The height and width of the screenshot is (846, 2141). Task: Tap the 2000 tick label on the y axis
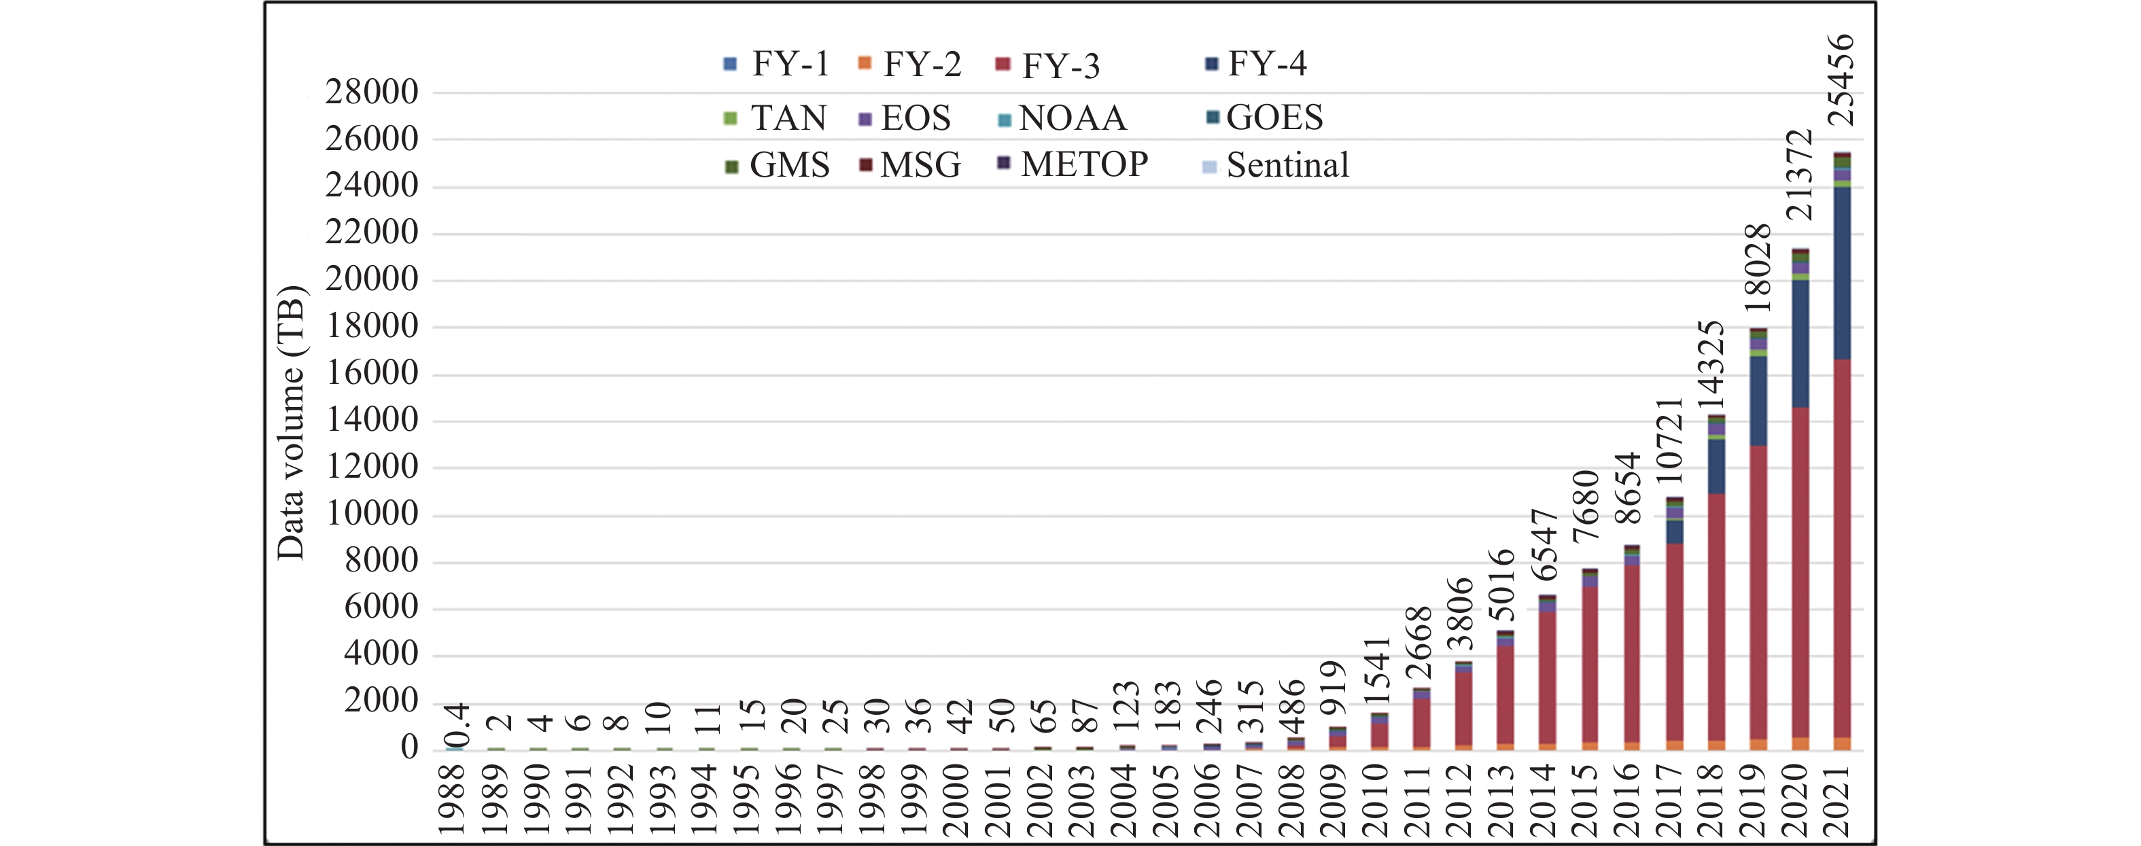(381, 701)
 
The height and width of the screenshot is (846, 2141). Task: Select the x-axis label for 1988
(451, 800)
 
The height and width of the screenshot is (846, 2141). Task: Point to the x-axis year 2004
(1124, 800)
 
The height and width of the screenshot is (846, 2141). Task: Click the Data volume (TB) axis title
(291, 422)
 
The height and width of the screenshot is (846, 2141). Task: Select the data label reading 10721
(1671, 440)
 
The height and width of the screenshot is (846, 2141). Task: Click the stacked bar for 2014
(1548, 673)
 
